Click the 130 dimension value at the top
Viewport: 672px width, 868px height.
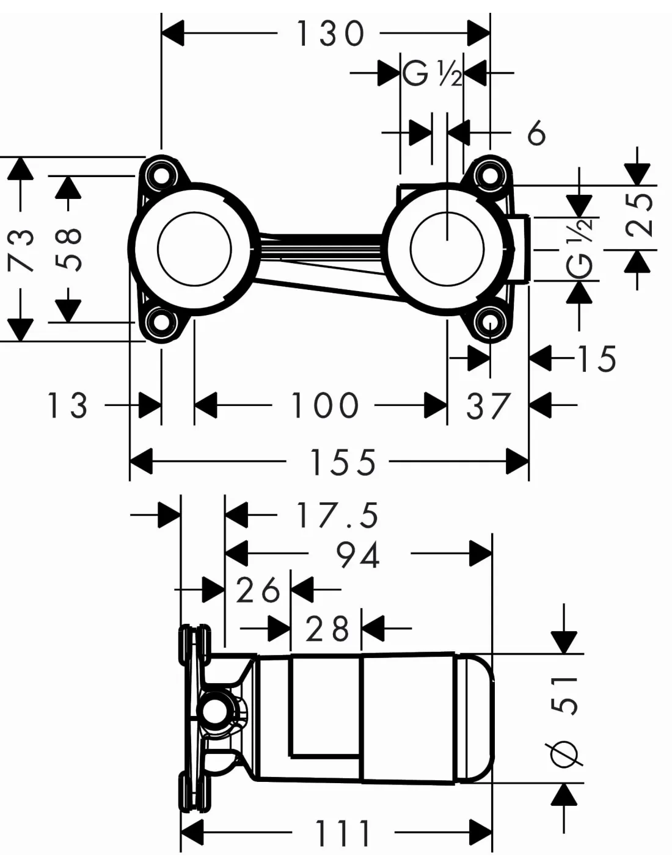click(x=330, y=34)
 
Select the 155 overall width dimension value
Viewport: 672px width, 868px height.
click(x=343, y=462)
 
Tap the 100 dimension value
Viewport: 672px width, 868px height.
click(x=324, y=405)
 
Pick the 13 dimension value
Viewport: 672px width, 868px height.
click(x=67, y=405)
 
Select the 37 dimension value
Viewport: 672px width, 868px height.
click(x=488, y=406)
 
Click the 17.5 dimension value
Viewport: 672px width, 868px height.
click(x=337, y=516)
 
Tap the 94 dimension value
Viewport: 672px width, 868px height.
click(x=359, y=555)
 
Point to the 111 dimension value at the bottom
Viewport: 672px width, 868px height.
click(x=343, y=833)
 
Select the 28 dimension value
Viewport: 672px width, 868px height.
click(x=327, y=629)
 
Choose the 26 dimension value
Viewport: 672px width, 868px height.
click(x=258, y=590)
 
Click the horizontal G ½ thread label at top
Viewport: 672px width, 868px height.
click(x=432, y=74)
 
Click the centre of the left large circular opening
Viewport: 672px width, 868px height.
click(x=194, y=248)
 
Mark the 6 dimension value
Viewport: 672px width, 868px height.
click(x=536, y=132)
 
